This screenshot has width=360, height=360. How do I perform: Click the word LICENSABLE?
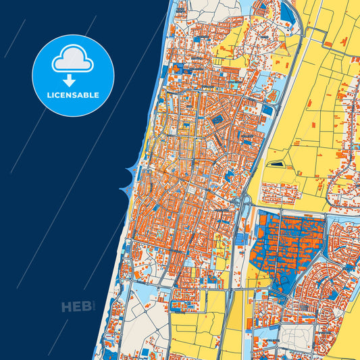(x=73, y=95)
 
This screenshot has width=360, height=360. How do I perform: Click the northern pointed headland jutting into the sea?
(x=128, y=170)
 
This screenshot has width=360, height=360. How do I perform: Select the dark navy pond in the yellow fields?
(x=277, y=163)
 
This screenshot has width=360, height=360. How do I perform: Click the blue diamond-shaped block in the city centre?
(x=217, y=120)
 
